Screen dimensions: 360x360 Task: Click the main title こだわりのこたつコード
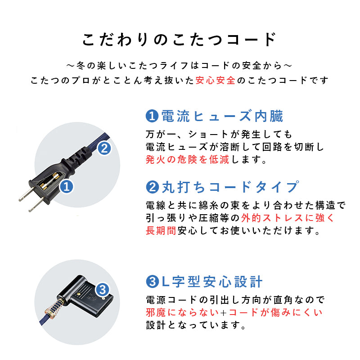coord(180,40)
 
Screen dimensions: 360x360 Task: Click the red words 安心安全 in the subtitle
coord(216,81)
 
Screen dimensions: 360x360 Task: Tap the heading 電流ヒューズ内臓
coord(222,117)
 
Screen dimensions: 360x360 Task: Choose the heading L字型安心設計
coord(211,282)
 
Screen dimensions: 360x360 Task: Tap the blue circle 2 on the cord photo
coord(104,148)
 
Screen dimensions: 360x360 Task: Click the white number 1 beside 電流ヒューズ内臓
coord(152,117)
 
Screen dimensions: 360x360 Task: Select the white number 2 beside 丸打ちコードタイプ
coord(152,187)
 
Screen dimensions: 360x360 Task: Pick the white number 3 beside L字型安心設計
coord(152,283)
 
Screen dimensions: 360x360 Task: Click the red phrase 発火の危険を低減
coord(187,160)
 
